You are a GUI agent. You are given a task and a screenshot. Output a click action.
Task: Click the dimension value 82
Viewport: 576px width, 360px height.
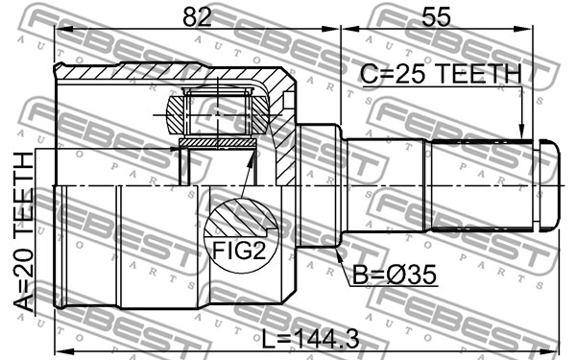[x=197, y=17]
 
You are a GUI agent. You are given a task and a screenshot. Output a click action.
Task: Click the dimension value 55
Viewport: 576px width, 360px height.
[x=436, y=17]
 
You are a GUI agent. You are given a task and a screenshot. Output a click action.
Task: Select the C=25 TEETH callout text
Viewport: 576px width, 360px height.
[x=440, y=74]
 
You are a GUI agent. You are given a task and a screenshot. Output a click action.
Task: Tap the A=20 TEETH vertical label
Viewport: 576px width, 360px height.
[x=23, y=231]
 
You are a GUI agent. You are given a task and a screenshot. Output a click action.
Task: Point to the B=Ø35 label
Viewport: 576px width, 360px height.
[x=395, y=275]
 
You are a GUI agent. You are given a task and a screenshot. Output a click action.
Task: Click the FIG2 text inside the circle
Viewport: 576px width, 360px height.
[x=239, y=252]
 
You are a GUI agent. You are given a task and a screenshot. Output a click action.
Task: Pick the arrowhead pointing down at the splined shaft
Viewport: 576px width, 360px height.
[x=520, y=133]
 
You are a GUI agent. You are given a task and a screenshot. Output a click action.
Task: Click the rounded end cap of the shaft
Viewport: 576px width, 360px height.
[x=549, y=184]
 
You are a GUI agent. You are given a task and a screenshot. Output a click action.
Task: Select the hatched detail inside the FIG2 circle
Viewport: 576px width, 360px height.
[x=241, y=219]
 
